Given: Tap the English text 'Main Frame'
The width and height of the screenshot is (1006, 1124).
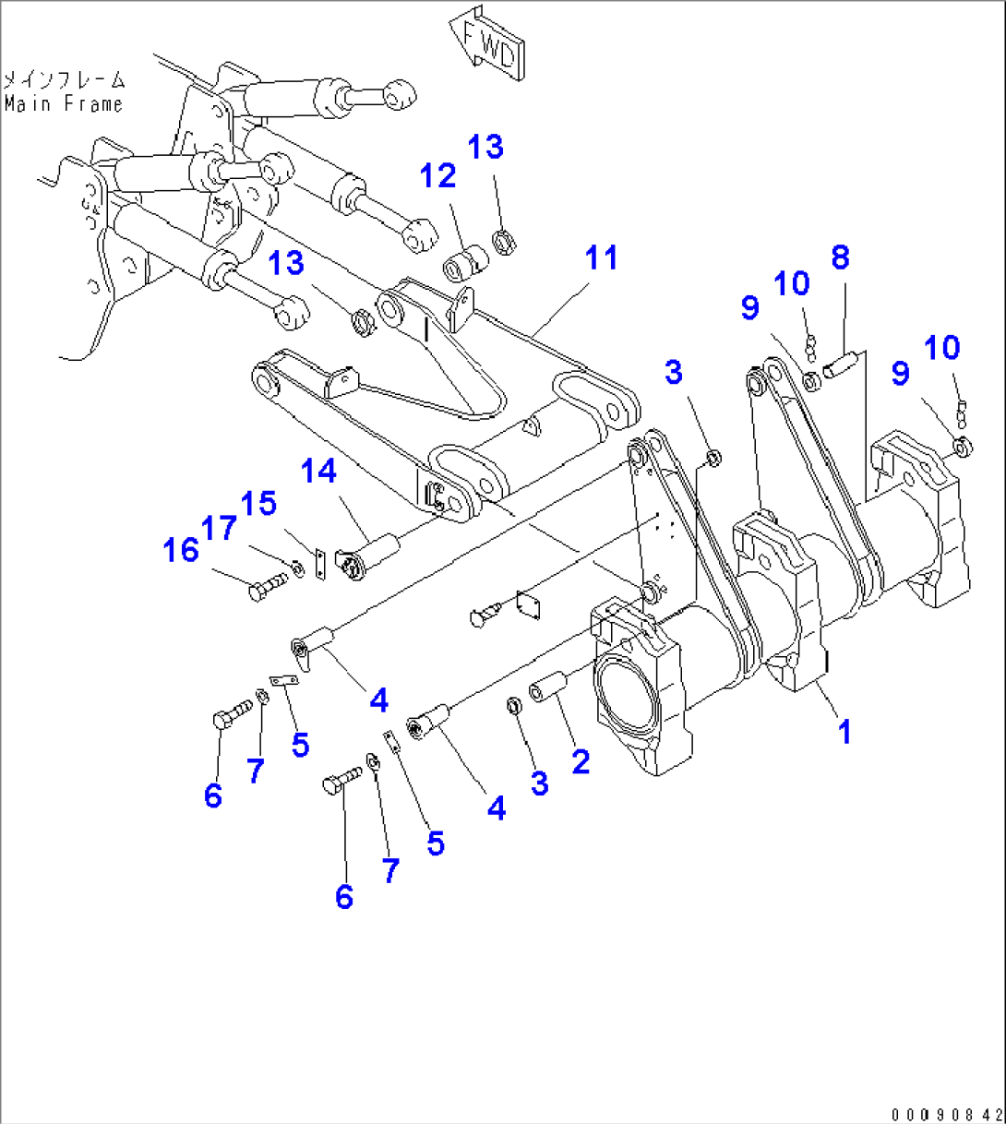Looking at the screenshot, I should [63, 103].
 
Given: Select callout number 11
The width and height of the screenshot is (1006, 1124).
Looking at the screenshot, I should [601, 258].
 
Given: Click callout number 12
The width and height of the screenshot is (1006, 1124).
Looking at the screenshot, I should [438, 175].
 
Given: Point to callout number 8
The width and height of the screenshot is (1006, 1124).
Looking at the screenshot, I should [839, 257].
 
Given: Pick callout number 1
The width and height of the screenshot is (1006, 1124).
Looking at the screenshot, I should [843, 732].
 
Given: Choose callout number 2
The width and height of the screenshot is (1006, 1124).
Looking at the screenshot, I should [580, 761].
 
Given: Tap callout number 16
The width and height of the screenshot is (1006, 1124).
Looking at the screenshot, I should [181, 550].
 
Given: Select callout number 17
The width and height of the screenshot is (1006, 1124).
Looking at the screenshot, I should [219, 528].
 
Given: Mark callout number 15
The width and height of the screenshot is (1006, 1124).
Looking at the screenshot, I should [258, 504].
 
